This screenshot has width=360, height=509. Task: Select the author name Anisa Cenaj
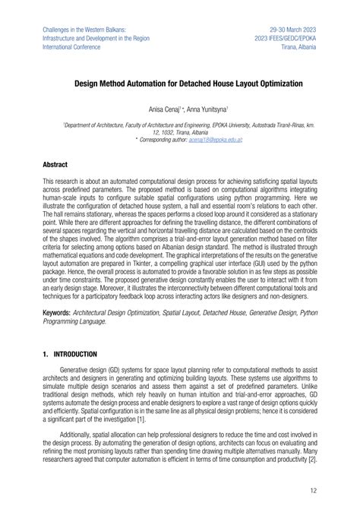pos(154,109)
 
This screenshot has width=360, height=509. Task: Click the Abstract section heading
pos(55,164)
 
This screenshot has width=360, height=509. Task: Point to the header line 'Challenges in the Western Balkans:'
pos(84,28)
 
